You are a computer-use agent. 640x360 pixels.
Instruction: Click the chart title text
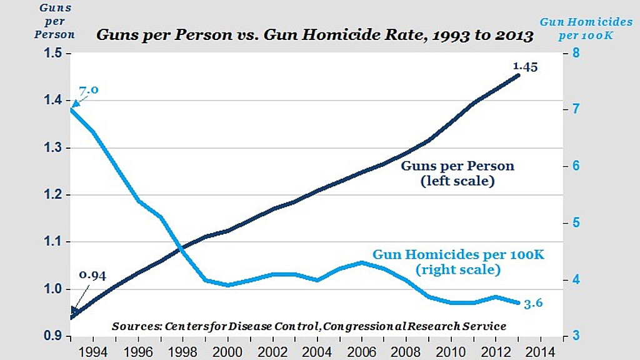pyautogui.click(x=314, y=35)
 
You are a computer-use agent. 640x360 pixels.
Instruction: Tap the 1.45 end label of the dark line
pyautogui.click(x=525, y=66)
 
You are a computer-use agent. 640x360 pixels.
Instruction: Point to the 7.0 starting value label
pyautogui.click(x=88, y=89)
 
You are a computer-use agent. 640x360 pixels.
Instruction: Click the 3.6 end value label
pyautogui.click(x=532, y=303)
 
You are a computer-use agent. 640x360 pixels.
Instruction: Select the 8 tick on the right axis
pyautogui.click(x=576, y=54)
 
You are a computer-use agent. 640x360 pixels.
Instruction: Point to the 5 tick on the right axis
pyautogui.click(x=576, y=223)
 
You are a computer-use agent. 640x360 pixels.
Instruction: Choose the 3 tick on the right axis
pyautogui.click(x=576, y=337)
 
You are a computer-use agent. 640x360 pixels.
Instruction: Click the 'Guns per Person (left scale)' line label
pyautogui.click(x=457, y=174)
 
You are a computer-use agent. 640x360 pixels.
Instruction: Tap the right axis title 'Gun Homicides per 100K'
pyautogui.click(x=577, y=28)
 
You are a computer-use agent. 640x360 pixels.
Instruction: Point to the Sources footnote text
pyautogui.click(x=309, y=326)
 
